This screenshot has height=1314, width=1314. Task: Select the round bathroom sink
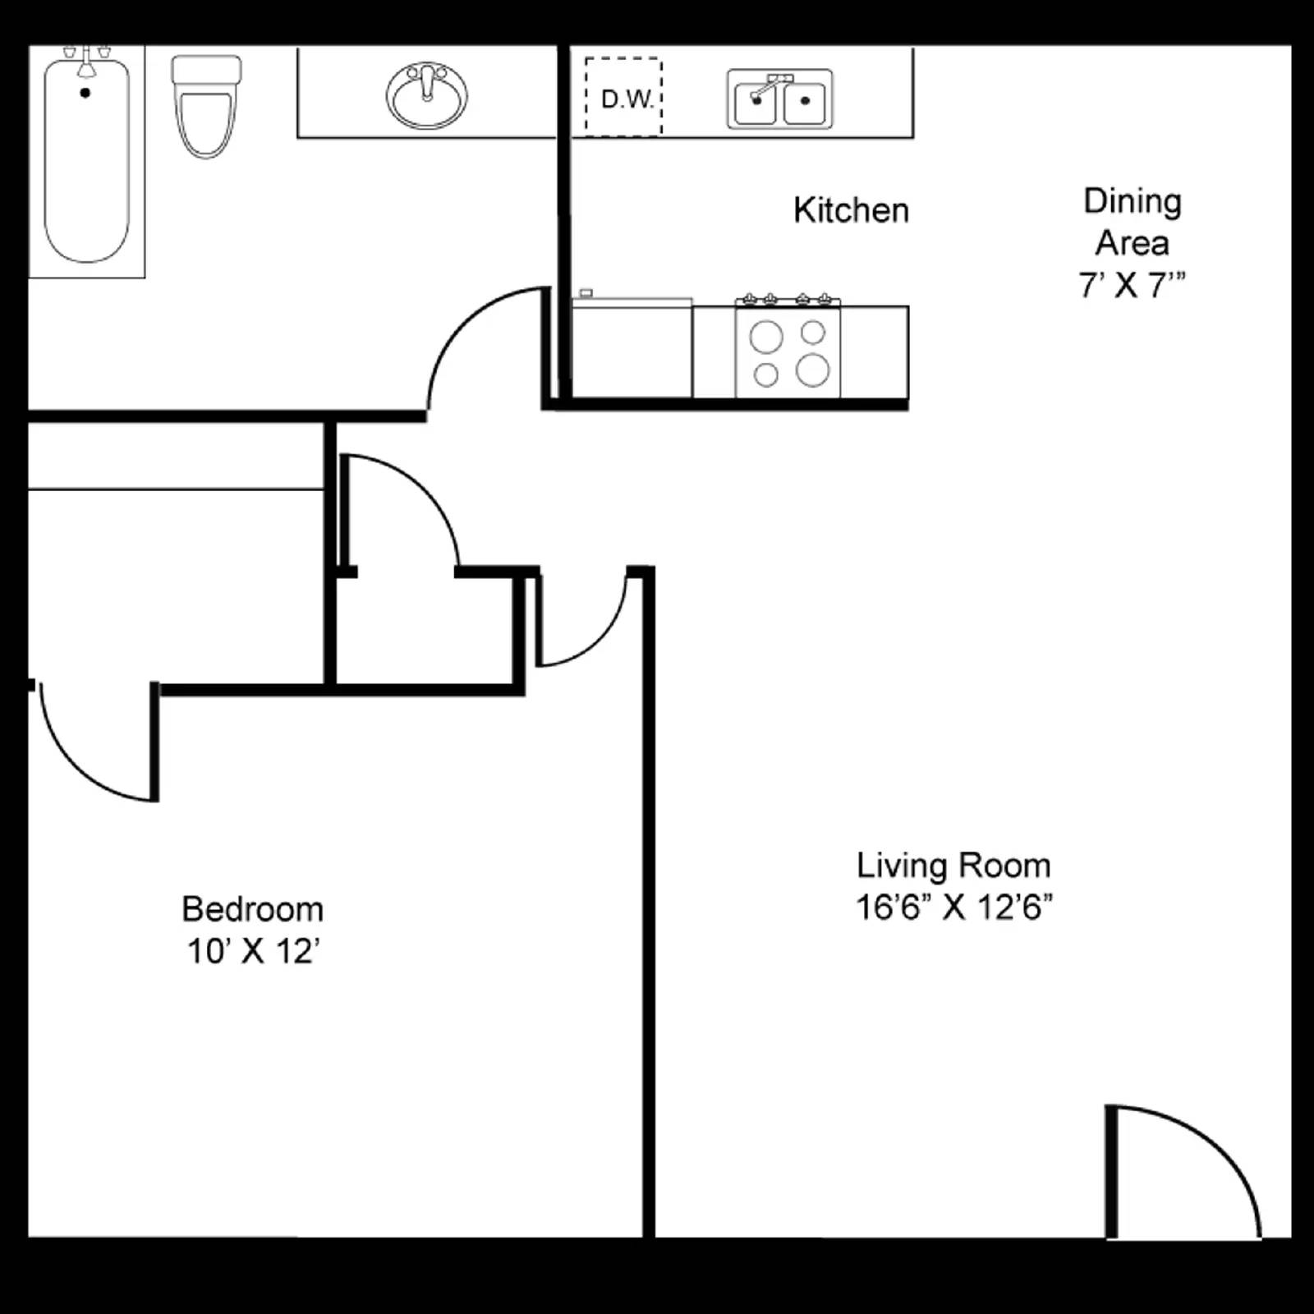(x=427, y=96)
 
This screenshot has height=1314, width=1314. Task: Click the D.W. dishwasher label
(x=627, y=99)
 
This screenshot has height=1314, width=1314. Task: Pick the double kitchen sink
(x=779, y=99)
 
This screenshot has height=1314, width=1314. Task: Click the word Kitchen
(x=851, y=210)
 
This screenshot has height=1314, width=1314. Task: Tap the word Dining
(x=1133, y=201)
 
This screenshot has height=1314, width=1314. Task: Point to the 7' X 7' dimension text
(x=1132, y=285)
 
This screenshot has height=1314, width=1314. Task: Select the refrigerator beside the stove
(x=632, y=349)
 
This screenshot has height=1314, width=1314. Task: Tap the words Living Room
(x=953, y=866)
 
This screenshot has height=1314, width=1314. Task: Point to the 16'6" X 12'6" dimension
(x=953, y=907)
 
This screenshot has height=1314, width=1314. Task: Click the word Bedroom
(x=253, y=909)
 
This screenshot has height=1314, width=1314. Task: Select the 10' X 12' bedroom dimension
(x=253, y=951)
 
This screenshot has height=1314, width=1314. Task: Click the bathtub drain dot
(x=85, y=93)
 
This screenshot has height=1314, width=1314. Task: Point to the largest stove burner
(x=812, y=370)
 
